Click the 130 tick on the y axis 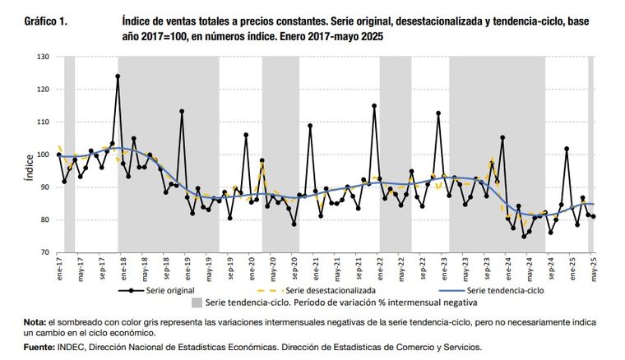point(44,57)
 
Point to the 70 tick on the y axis point(45,252)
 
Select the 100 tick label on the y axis point(44,155)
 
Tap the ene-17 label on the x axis point(60,265)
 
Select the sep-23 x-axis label point(484,266)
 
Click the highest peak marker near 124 point(118,76)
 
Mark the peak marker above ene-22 point(374,105)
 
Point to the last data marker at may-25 point(593,217)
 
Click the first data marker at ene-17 point(59,155)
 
